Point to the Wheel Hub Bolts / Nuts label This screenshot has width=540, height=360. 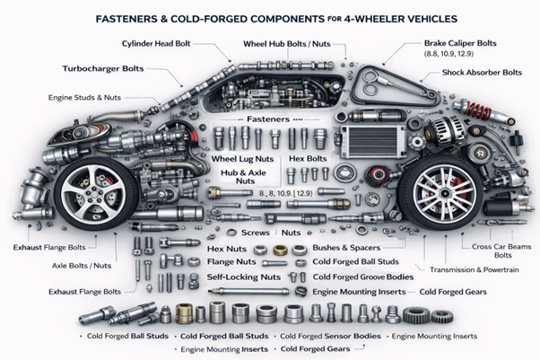tap(288, 43)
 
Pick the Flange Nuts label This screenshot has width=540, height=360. tap(232, 262)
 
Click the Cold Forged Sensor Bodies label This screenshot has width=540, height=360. tap(333, 337)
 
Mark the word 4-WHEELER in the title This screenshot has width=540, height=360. tap(379, 17)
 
